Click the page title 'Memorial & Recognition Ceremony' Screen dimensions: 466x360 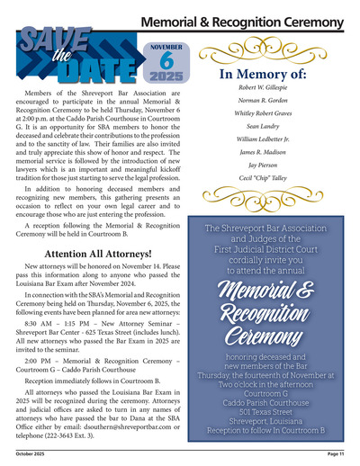pos(242,20)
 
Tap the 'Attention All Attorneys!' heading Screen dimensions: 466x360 pos(99,255)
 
